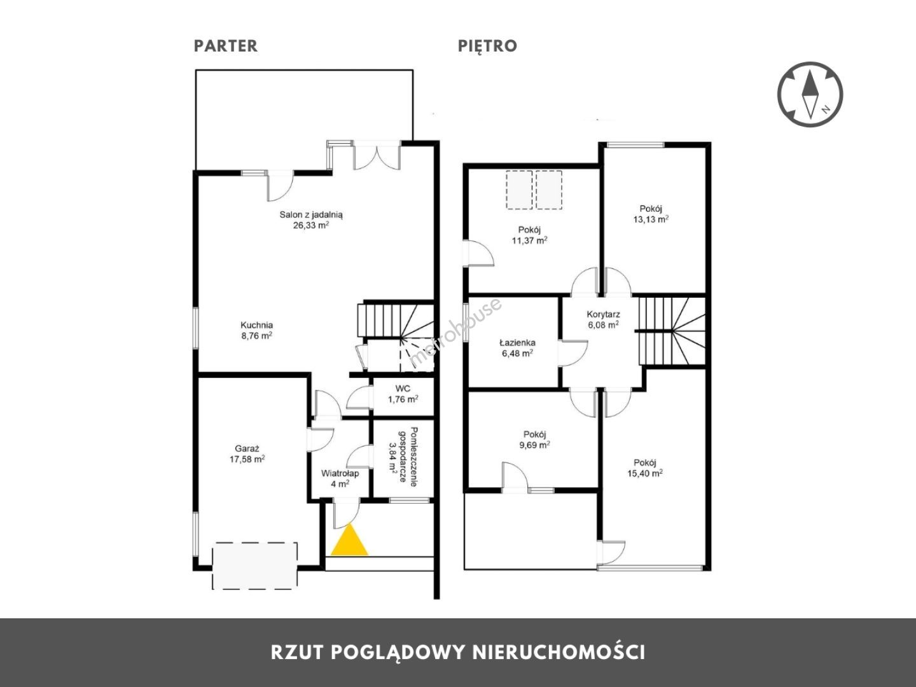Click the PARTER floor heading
tap(226, 46)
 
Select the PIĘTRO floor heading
tap(487, 46)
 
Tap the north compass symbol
tap(810, 95)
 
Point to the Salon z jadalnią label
tap(311, 220)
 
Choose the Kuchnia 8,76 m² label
tap(256, 330)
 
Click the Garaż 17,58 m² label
tap(247, 454)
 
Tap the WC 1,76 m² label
tap(403, 394)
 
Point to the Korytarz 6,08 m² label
tap(603, 319)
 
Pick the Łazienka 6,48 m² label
tap(517, 348)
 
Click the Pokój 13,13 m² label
tap(651, 214)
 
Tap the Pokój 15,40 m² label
tap(645, 468)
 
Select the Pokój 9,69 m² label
tap(534, 440)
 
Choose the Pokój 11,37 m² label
tap(530, 235)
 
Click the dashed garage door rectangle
tap(255, 566)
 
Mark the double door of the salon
tap(377, 156)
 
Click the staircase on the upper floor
tap(671, 331)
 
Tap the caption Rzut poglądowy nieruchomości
tap(458, 653)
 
